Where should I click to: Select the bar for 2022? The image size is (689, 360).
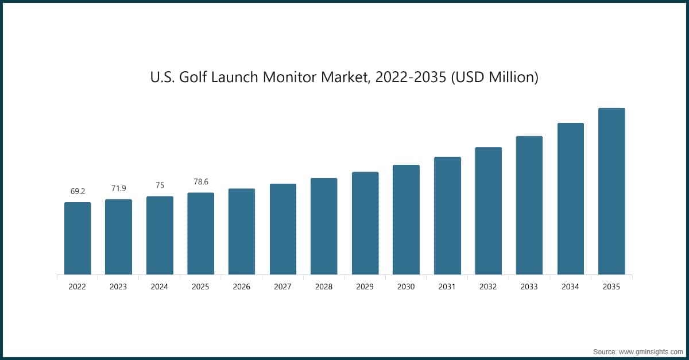point(78,238)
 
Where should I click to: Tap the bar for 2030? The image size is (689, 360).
point(406,220)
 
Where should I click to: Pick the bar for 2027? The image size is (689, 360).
point(283,229)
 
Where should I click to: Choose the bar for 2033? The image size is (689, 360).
point(529,206)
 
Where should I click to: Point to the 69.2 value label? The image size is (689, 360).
point(78,192)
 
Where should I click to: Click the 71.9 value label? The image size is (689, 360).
point(119,188)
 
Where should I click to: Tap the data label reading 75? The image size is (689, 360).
point(160,185)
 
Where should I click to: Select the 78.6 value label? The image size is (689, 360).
point(201,181)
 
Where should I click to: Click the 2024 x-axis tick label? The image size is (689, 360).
point(160,287)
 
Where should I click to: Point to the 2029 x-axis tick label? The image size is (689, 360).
point(365,287)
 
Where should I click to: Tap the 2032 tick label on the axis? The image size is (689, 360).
point(488,287)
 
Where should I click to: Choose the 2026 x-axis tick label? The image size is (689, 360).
point(242,287)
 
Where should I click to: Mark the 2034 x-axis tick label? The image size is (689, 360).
point(570,287)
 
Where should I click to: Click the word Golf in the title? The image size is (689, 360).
point(192,78)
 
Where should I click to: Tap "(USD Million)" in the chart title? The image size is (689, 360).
point(495,78)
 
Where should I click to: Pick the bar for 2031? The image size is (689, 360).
point(447,216)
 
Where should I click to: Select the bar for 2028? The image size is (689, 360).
point(324,226)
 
